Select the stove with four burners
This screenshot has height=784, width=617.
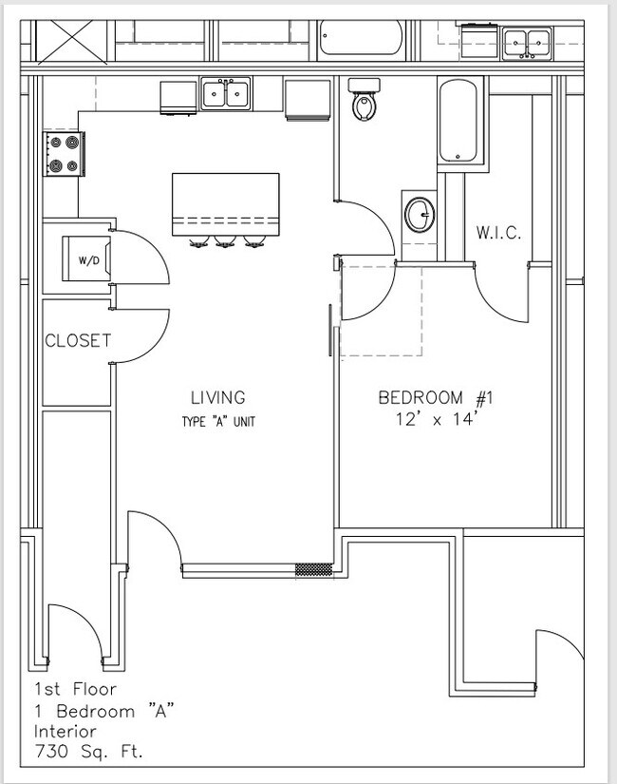click(65, 153)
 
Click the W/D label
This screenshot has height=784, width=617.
click(88, 259)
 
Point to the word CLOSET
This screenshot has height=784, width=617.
click(78, 340)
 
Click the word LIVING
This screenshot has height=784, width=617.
click(217, 397)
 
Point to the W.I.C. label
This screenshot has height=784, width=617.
click(498, 233)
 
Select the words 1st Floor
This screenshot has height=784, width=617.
click(75, 689)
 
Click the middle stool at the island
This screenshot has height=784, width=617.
click(225, 242)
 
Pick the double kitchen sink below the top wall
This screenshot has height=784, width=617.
click(226, 94)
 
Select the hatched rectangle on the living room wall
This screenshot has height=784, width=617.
click(313, 570)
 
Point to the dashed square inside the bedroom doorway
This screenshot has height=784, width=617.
click(381, 310)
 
